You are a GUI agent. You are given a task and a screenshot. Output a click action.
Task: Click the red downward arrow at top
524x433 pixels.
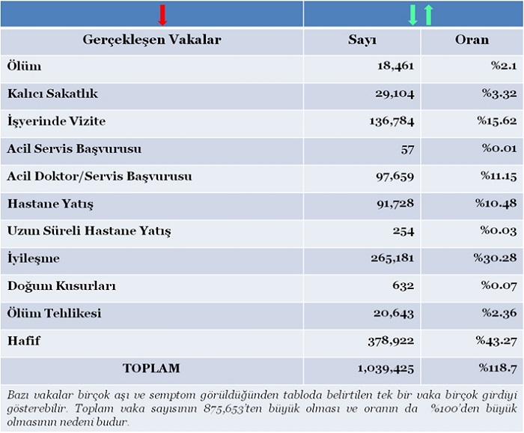pyautogui.click(x=162, y=14)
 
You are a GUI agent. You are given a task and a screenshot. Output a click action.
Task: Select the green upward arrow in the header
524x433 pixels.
pyautogui.click(x=428, y=14)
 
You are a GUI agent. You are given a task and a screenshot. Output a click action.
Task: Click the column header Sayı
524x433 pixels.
pyautogui.click(x=362, y=40)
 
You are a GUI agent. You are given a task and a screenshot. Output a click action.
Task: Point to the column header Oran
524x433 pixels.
pyautogui.click(x=472, y=40)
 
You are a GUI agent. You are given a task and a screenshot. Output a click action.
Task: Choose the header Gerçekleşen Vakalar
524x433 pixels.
pyautogui.click(x=151, y=40)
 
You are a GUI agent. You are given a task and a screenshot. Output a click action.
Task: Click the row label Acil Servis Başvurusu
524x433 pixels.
pyautogui.click(x=74, y=148)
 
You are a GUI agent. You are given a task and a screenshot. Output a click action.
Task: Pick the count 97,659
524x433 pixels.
pyautogui.click(x=393, y=177)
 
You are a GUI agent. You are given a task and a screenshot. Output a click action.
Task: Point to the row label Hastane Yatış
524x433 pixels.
pyautogui.click(x=50, y=204)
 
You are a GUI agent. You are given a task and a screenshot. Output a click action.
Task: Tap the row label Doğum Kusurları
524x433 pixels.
pyautogui.click(x=61, y=286)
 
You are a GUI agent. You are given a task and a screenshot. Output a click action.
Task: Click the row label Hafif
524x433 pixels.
pyautogui.click(x=24, y=341)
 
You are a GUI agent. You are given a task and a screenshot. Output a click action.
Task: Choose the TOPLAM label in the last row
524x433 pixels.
pyautogui.click(x=151, y=369)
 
